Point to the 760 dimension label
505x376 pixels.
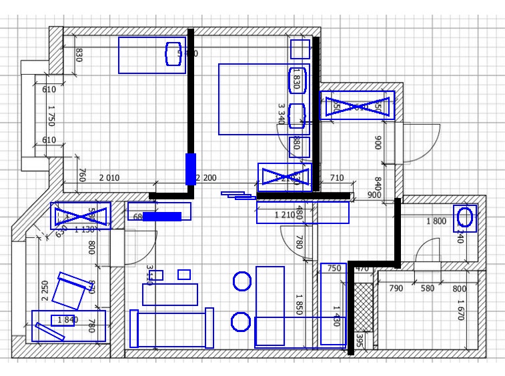pyautogui.click(x=82, y=175)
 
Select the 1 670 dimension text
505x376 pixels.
pyautogui.click(x=460, y=309)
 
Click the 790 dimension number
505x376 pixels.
pyautogui.click(x=396, y=289)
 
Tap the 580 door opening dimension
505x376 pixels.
pyautogui.click(x=426, y=289)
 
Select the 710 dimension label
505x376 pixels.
pyautogui.click(x=337, y=178)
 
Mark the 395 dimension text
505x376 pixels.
pyautogui.click(x=360, y=341)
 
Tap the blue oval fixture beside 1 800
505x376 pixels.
pyautogui.click(x=466, y=217)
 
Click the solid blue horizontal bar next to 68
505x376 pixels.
pyautogui.click(x=162, y=216)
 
